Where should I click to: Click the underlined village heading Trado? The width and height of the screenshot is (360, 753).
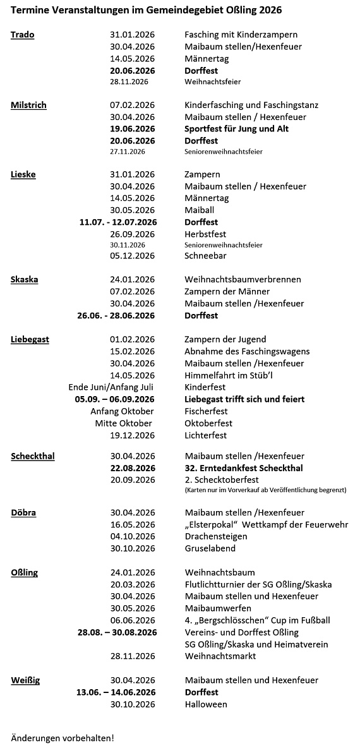pos(23,35)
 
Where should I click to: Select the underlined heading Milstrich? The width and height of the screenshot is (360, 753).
pos(28,105)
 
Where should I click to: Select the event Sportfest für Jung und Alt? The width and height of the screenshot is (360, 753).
pos(236,129)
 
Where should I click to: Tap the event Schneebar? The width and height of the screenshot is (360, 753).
pos(205,256)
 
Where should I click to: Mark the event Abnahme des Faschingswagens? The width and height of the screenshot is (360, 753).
pos(247,351)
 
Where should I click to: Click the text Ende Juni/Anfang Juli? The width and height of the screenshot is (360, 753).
pos(111,387)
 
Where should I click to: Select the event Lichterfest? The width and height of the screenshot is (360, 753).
pos(205,435)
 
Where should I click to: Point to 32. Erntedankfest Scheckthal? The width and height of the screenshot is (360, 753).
pos(243,468)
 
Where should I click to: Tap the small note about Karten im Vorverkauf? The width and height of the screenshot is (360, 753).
pos(265,490)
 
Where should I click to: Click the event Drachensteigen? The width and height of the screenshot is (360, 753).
pos(215,536)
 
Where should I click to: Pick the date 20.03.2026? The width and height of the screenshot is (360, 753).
pos(132,584)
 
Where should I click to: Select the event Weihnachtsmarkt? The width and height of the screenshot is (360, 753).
pos(220,656)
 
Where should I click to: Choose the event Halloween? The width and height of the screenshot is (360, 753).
pos(205,704)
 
